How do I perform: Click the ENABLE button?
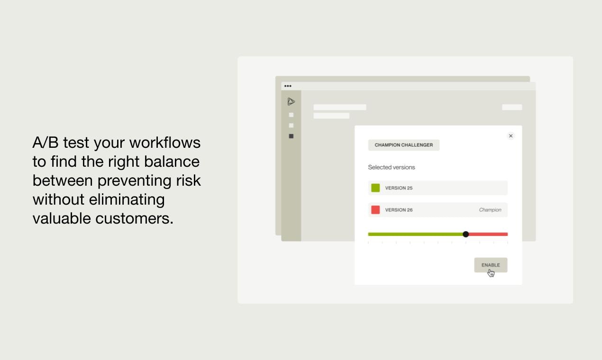pyautogui.click(x=491, y=265)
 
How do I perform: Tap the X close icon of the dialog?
pyautogui.click(x=511, y=136)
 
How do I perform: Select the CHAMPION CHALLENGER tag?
pyautogui.click(x=403, y=145)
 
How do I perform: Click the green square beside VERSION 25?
pyautogui.click(x=375, y=188)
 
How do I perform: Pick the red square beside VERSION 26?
pyautogui.click(x=375, y=209)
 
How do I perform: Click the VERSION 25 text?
pyautogui.click(x=399, y=188)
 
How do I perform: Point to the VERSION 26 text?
pyautogui.click(x=399, y=210)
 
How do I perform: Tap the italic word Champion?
pyautogui.click(x=490, y=210)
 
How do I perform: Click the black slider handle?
pyautogui.click(x=465, y=234)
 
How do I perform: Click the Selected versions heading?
pyautogui.click(x=391, y=167)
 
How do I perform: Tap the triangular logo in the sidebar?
pyautogui.click(x=291, y=101)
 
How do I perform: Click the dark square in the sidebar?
pyautogui.click(x=291, y=136)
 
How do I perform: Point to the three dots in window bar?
pyautogui.click(x=288, y=86)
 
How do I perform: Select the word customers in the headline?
pyautogui.click(x=134, y=218)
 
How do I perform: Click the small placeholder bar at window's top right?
pyautogui.click(x=512, y=107)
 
